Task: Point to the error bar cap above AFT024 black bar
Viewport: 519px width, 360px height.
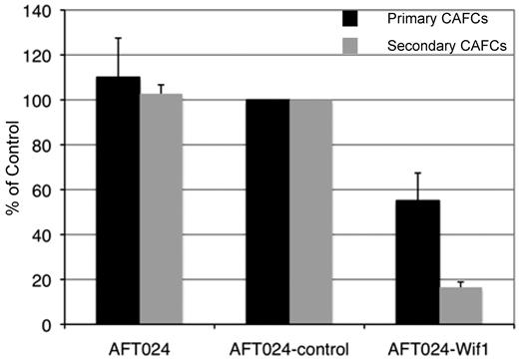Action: click(119, 39)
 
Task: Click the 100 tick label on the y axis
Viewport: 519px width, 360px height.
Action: click(37, 100)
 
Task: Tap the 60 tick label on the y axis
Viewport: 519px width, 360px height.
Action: click(41, 189)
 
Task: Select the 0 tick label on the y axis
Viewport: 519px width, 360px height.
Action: click(45, 325)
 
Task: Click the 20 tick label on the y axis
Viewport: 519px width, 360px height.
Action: click(41, 280)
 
